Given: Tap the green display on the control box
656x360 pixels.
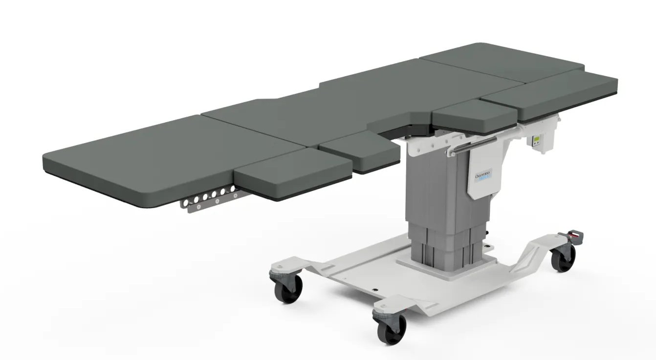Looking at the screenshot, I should pos(537,141).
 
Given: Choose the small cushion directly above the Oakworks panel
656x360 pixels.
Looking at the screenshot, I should pos(474,117).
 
